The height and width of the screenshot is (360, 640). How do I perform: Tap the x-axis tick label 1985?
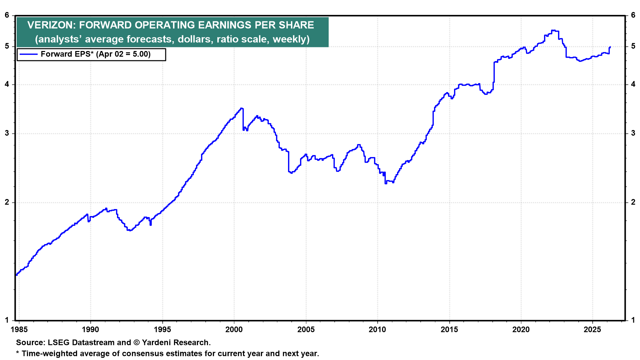point(19,330)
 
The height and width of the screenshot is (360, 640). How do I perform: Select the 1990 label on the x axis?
point(90,330)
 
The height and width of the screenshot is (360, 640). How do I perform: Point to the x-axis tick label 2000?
point(234,330)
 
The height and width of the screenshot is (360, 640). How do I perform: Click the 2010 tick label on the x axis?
point(377,330)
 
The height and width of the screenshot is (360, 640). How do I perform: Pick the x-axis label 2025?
point(592,330)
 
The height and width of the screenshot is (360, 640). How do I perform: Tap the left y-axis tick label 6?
point(7,15)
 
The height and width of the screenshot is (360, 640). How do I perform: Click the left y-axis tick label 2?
point(7,202)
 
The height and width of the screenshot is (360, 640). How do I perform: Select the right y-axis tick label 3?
point(633,133)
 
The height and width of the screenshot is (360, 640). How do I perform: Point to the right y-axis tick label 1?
point(633,320)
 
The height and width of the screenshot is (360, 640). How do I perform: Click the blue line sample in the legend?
point(28,54)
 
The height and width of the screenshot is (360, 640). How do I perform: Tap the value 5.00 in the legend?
point(140,54)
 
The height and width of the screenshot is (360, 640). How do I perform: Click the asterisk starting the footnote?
point(18,353)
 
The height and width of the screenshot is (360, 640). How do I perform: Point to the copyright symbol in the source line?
point(136,343)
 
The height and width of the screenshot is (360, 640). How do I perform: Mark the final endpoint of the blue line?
point(610,47)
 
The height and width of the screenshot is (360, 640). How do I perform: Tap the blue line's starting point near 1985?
point(16,275)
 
